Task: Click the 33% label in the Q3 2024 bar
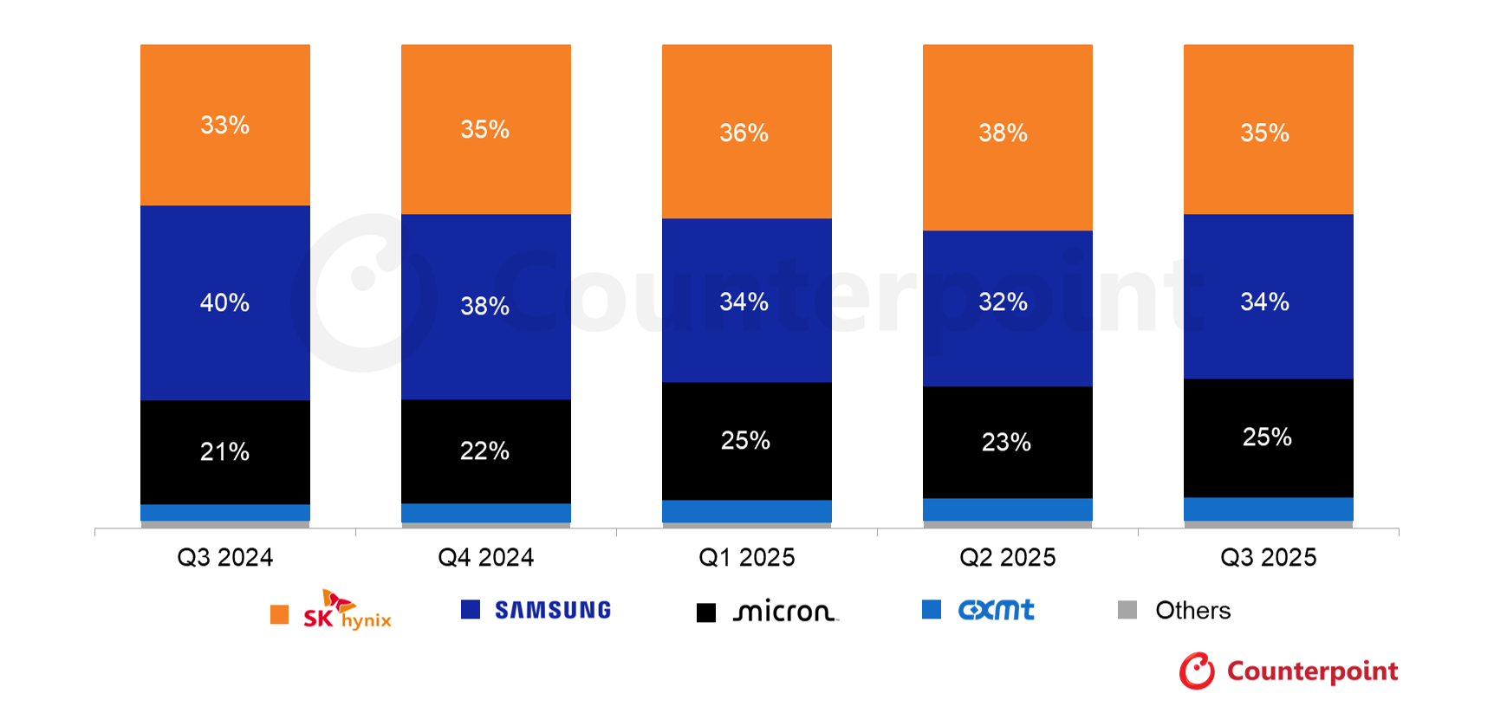[x=225, y=126]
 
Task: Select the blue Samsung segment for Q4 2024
[x=486, y=307]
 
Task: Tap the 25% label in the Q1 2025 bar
[x=746, y=441]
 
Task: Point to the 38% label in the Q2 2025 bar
[x=1004, y=133]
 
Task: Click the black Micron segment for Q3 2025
[x=1269, y=438]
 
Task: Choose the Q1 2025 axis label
[x=747, y=557]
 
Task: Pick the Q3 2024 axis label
[x=225, y=557]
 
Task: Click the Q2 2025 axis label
[x=1008, y=557]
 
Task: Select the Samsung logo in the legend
[x=553, y=610]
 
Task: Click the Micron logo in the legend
[x=786, y=612]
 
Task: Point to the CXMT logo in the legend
[x=997, y=610]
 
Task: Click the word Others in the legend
[x=1193, y=611]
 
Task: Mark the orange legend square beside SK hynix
[x=279, y=614]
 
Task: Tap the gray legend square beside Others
[x=1127, y=610]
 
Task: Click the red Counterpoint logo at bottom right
[x=1289, y=671]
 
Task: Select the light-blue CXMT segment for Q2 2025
[x=1008, y=509]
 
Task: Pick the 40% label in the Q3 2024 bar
[x=225, y=303]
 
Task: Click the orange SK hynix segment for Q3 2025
[x=1269, y=129]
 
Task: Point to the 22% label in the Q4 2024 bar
[x=485, y=451]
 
